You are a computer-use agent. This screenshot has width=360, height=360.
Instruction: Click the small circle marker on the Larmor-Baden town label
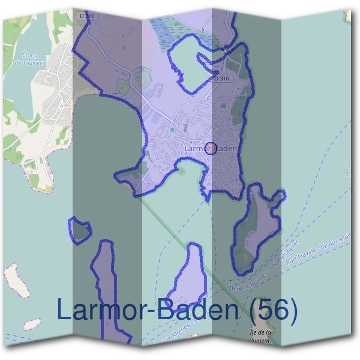coord(211,148)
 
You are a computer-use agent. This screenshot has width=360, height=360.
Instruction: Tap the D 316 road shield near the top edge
coord(87,14)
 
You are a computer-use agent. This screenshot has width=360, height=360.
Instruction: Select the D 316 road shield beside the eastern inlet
coord(221,79)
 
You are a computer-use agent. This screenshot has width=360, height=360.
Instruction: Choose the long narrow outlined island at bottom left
coord(105,282)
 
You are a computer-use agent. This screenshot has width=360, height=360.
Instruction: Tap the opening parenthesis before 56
coord(254,311)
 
